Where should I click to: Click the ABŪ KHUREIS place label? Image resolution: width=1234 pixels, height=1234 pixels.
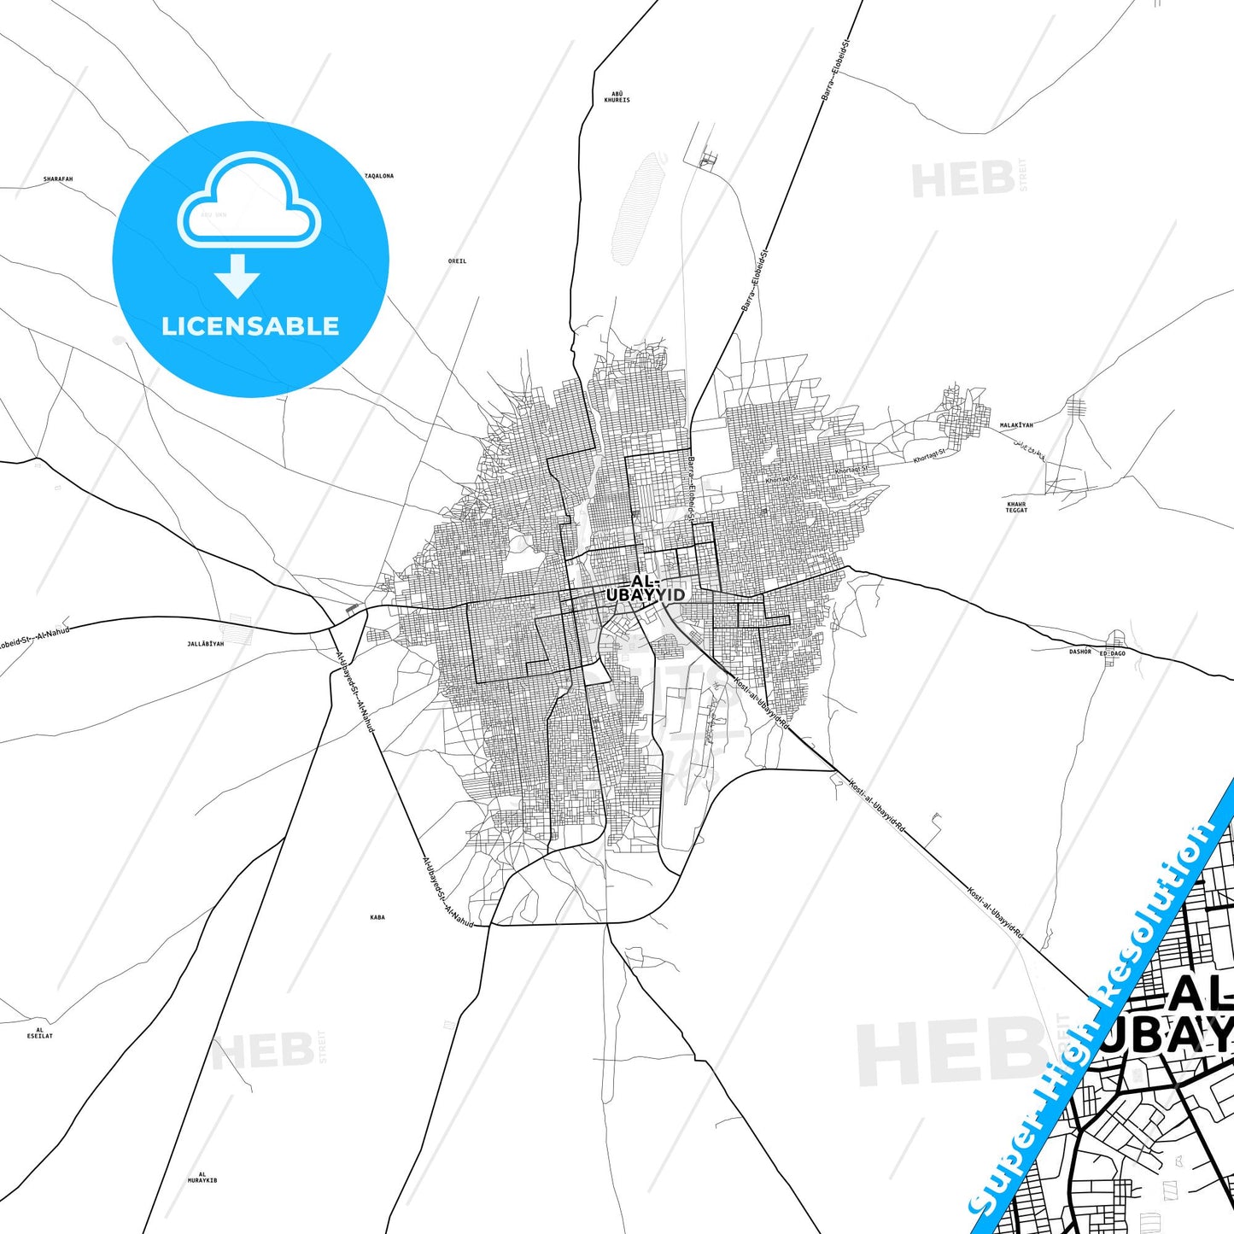(x=617, y=96)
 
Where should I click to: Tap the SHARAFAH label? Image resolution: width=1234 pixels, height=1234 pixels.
(x=58, y=179)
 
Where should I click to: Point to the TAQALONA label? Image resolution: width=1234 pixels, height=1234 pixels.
(x=379, y=176)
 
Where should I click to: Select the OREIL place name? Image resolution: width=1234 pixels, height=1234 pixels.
(x=457, y=261)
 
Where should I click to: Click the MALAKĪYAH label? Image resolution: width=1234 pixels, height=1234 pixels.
(x=1016, y=425)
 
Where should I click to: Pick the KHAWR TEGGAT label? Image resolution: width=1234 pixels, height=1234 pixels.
(x=1016, y=507)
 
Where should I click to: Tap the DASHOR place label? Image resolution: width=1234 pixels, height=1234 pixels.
(x=1080, y=652)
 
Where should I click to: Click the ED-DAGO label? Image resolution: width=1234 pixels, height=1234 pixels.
(x=1113, y=653)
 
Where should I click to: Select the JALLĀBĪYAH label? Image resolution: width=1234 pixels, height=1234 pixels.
(x=205, y=644)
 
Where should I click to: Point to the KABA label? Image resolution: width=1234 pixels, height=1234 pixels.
(x=377, y=917)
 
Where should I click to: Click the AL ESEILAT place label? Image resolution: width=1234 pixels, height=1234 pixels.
(x=40, y=1033)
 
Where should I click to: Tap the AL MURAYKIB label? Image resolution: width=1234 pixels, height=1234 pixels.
(x=202, y=1177)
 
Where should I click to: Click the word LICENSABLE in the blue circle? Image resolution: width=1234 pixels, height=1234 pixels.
(x=250, y=326)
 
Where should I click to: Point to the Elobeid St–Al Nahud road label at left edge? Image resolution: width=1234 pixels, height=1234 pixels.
(x=34, y=637)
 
